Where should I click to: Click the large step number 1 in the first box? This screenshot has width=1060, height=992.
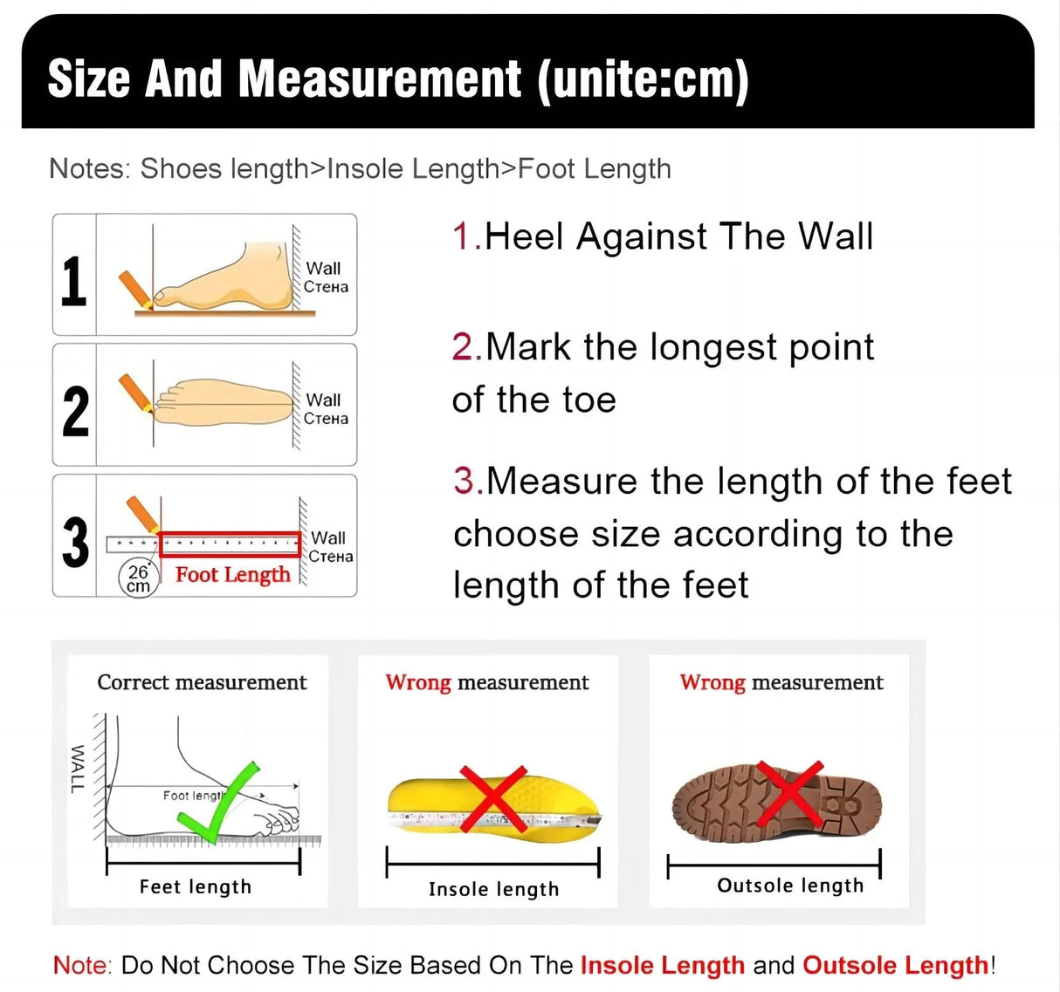click(74, 281)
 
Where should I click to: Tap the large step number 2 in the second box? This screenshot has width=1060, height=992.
click(76, 411)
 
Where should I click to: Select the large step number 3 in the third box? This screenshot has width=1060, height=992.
click(76, 542)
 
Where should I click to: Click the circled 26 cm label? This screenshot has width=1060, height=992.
click(138, 578)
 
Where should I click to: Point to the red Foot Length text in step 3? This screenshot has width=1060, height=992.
click(232, 574)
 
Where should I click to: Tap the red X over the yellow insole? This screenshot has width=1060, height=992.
click(492, 798)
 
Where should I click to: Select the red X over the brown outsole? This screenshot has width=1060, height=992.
click(789, 793)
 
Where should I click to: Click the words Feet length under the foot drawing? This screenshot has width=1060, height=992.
click(195, 886)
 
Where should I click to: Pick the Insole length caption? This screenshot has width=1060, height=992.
click(493, 889)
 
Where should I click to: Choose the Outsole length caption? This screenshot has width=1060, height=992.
click(790, 886)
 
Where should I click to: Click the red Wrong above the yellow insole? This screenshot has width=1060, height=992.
click(418, 682)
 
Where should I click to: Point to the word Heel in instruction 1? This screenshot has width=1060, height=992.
click(524, 237)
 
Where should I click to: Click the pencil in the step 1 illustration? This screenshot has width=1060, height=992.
click(135, 289)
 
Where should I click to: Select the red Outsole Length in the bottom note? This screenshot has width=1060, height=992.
click(895, 965)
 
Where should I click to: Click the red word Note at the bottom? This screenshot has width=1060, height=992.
click(81, 965)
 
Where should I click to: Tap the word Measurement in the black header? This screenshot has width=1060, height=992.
click(380, 79)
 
